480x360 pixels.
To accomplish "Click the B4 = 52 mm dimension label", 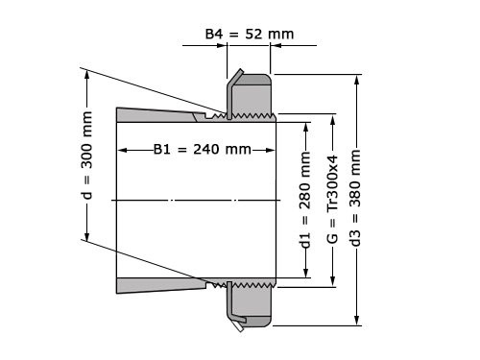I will tap(250, 35).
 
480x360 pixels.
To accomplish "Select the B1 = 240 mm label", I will tap(203, 149).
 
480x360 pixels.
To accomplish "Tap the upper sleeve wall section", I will tap(158, 115).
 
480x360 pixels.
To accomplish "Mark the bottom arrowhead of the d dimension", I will tap(87, 239).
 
